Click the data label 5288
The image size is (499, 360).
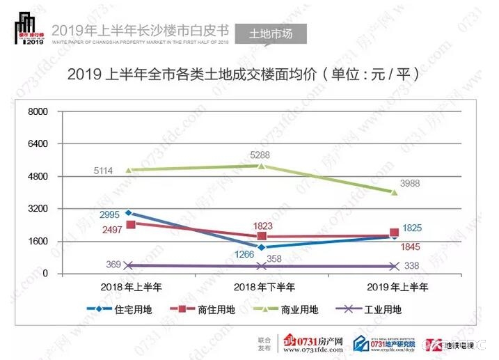click(x=261, y=155)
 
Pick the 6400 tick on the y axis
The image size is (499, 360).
click(x=38, y=144)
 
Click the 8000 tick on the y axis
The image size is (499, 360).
click(x=38, y=111)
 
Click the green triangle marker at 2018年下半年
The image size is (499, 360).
click(x=261, y=166)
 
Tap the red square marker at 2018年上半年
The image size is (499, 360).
click(x=129, y=224)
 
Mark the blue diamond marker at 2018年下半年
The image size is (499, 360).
click(x=261, y=247)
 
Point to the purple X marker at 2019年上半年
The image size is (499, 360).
click(x=393, y=267)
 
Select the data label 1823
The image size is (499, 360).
click(x=262, y=226)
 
